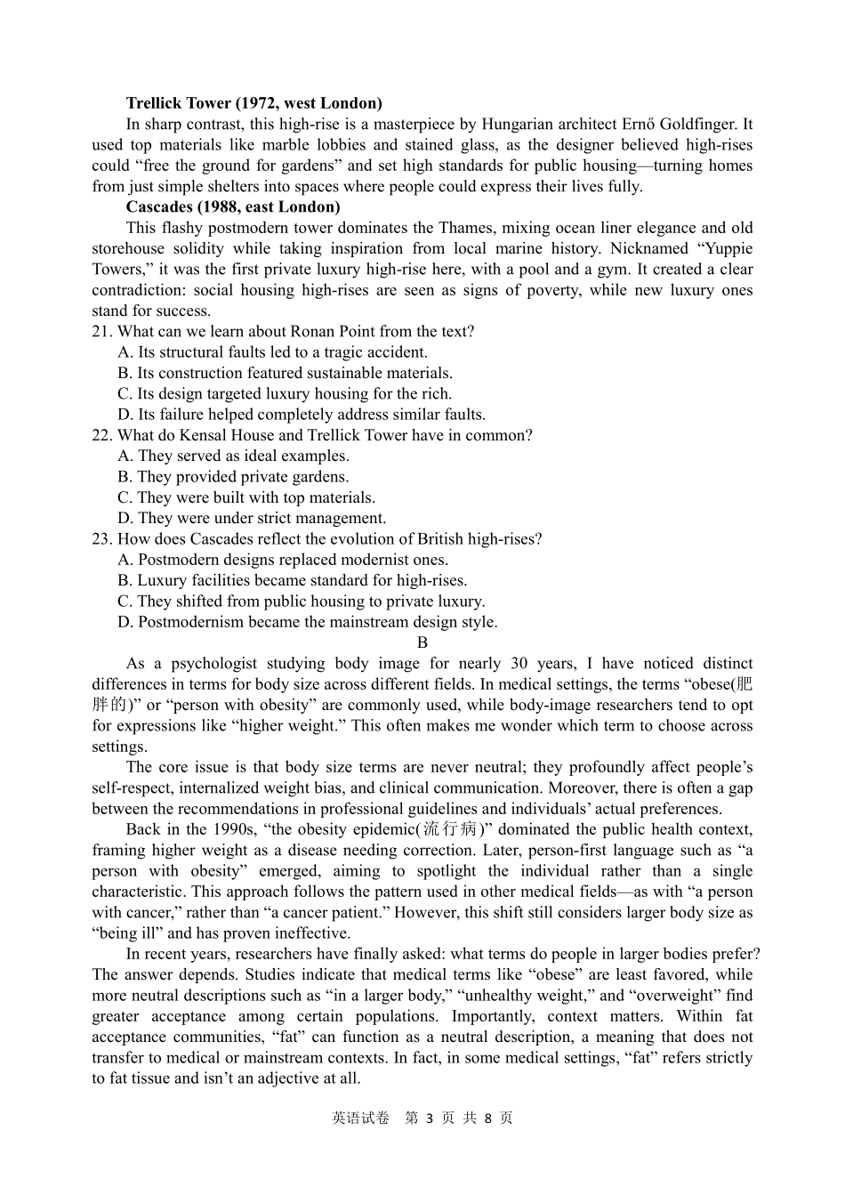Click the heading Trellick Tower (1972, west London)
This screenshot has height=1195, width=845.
tap(253, 103)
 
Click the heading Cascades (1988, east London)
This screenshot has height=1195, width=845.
tap(233, 207)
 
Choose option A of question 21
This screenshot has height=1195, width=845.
tap(272, 352)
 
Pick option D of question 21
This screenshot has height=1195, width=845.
tap(302, 415)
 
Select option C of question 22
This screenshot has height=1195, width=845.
tap(246, 497)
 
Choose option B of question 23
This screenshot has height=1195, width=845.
tap(292, 580)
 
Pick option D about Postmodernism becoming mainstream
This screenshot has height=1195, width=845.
tap(307, 622)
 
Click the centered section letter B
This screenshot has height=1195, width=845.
tap(422, 642)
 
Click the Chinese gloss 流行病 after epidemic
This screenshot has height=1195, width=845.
tap(449, 829)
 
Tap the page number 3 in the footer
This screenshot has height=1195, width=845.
tap(430, 1118)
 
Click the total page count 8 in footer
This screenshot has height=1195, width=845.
tap(488, 1118)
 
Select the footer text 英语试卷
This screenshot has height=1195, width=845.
tap(360, 1118)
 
